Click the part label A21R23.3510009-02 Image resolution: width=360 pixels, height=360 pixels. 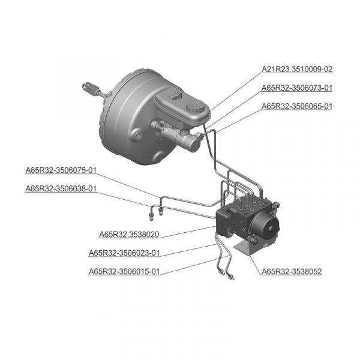[297, 69]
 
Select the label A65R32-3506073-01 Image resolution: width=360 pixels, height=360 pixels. [297, 88]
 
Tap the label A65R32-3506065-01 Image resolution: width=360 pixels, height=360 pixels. [297, 106]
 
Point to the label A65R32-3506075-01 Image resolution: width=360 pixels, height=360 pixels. [61, 170]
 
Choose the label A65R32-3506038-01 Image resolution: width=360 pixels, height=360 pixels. [61, 188]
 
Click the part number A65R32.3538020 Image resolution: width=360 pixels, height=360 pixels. [129, 235]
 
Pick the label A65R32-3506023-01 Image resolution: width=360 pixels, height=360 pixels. [124, 253]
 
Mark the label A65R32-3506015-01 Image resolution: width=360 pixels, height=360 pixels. [124, 271]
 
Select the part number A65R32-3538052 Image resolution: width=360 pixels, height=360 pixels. [292, 271]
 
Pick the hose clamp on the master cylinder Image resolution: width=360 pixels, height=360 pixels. [159, 128]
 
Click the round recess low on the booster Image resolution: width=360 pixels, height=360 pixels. [158, 157]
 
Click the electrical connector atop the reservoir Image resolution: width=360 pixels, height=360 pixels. [175, 95]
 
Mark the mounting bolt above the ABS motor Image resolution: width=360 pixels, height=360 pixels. [276, 205]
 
